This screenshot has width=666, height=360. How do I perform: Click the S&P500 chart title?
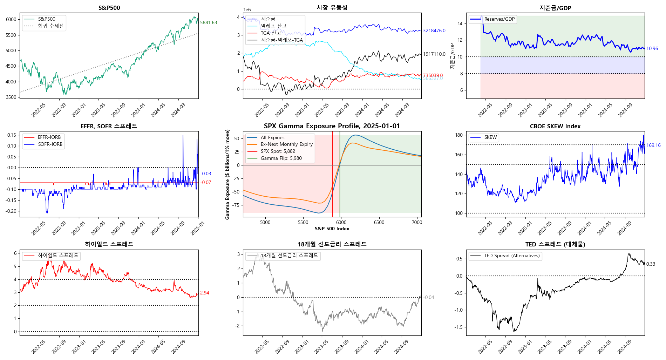pos(109,8)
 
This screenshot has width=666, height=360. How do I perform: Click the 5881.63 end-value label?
pos(209,22)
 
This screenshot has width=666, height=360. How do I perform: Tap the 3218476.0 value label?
pos(434,31)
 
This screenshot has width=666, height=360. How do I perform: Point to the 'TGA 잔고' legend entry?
pos(271,33)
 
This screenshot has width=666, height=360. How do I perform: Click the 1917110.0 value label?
pos(434,54)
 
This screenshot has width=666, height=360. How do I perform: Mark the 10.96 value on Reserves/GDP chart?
pos(652,49)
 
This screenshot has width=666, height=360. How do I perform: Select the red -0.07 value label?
pos(206,182)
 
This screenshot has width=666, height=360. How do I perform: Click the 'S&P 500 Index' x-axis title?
pos(332,229)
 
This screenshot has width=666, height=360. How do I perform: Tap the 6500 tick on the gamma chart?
pos(379,222)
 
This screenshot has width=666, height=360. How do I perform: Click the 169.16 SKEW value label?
pos(653,145)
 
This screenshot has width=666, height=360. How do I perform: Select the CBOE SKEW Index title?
pos(555,126)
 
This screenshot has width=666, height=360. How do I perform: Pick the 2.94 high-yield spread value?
pos(204,293)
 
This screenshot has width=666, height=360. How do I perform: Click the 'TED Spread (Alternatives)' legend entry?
pos(511,256)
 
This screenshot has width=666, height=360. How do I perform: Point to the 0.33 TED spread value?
pos(651,264)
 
